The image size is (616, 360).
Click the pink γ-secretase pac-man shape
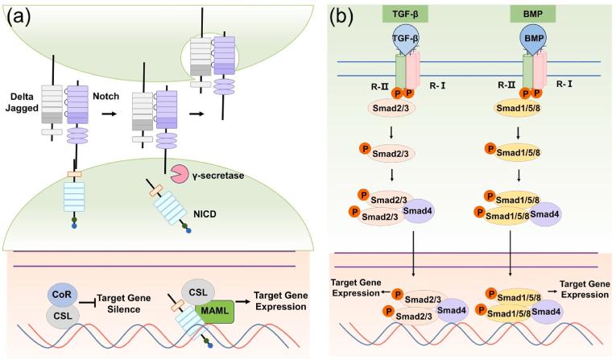pos(179,172)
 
